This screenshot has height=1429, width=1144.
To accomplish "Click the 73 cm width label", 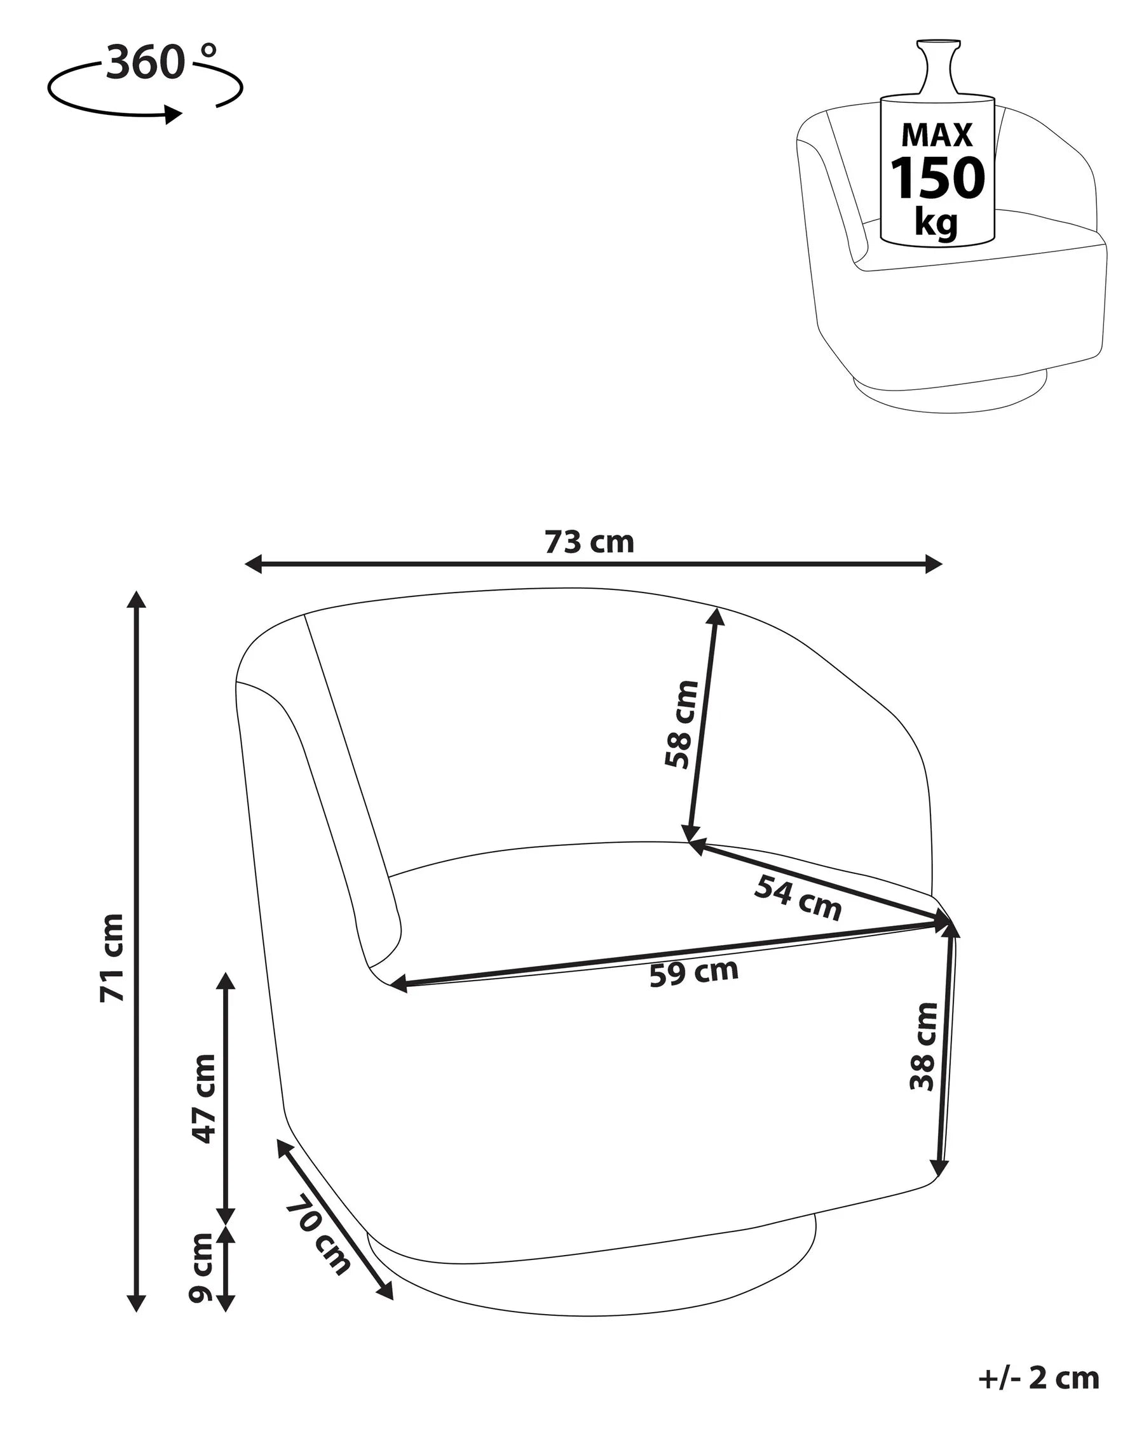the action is pyautogui.click(x=589, y=542).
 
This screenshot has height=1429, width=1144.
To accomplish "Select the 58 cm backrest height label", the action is pyautogui.click(x=682, y=725).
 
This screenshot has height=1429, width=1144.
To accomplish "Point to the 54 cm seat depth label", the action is pyautogui.click(x=798, y=898).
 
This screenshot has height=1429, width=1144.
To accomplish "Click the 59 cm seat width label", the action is pyautogui.click(x=693, y=973).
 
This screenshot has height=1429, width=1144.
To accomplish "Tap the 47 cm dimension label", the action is pyautogui.click(x=203, y=1098).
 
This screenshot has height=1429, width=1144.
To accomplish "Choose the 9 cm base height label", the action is pyautogui.click(x=201, y=1268).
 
